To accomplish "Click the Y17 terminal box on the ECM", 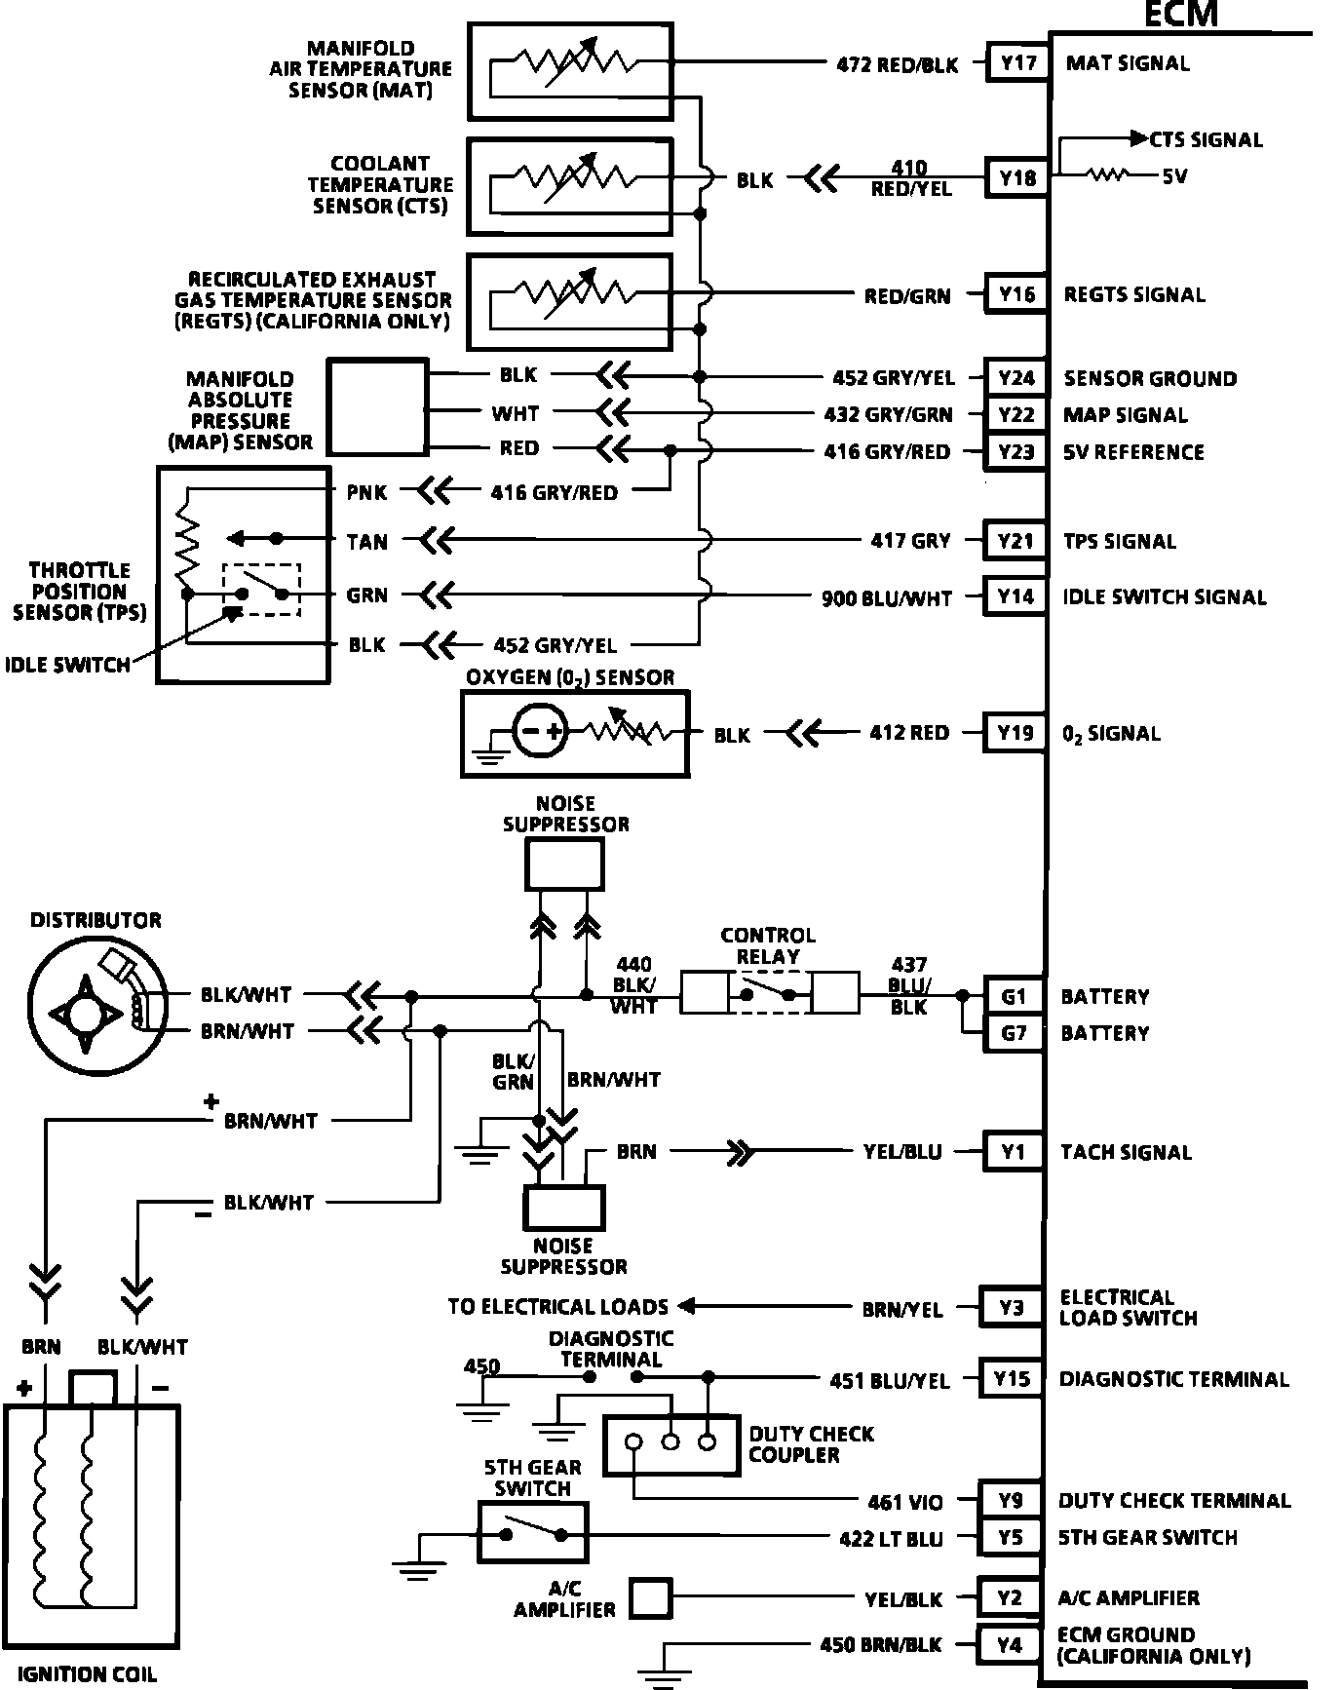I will tap(1017, 64).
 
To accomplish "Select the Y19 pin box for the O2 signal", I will tap(1015, 733).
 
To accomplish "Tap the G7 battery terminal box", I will tap(1014, 1033).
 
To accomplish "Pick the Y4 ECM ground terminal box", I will tap(1010, 1645).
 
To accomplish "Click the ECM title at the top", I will tap(1180, 15).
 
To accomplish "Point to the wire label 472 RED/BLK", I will tap(898, 65).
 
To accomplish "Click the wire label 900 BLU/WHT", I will tap(887, 598).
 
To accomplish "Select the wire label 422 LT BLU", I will tap(891, 1539).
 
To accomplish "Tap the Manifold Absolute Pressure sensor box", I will tap(377, 406).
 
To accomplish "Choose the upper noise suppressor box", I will tap(564, 864).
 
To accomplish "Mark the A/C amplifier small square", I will tap(651, 1598).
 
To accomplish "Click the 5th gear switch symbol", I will tap(532, 1532).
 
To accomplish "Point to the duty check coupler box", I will tap(670, 1443).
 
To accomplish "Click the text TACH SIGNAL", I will tap(1126, 1153).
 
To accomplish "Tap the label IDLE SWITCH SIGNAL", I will tap(1165, 597).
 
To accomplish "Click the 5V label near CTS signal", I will tap(1174, 177).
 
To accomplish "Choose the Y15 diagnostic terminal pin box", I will tap(1012, 1379).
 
